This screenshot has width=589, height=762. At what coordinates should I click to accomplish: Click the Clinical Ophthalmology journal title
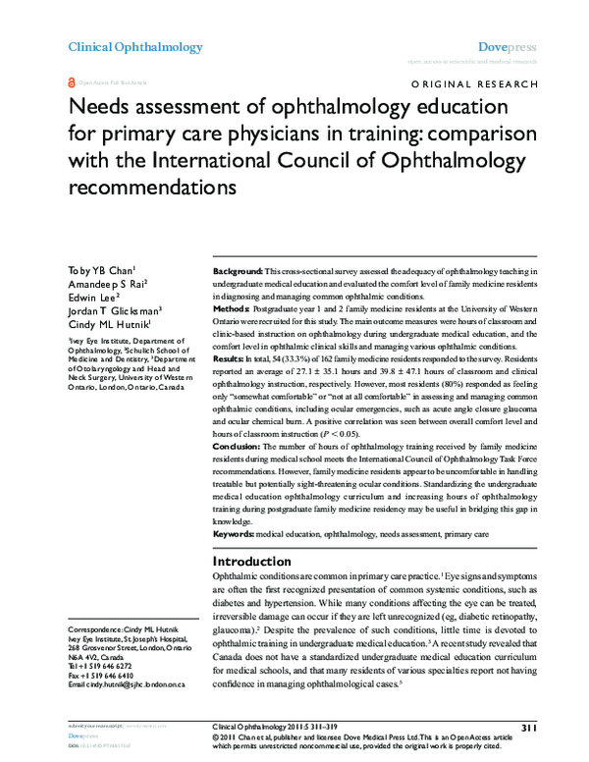click(134, 47)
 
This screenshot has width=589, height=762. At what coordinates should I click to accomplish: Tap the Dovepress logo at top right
click(506, 47)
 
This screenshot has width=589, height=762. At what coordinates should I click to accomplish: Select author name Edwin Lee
click(93, 298)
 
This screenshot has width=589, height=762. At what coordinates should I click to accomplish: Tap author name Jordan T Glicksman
click(113, 312)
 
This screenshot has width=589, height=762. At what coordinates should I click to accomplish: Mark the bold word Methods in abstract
click(233, 307)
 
